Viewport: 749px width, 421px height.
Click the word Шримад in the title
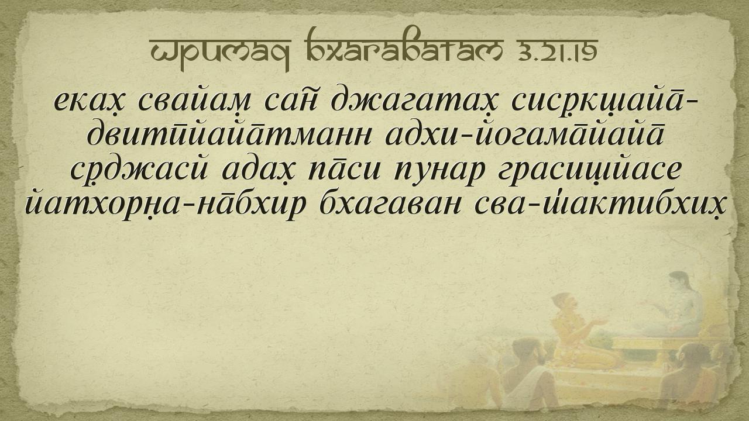coord(219,51)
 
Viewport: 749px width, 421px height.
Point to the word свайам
coord(194,99)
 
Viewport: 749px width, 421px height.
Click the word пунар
coord(439,172)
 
